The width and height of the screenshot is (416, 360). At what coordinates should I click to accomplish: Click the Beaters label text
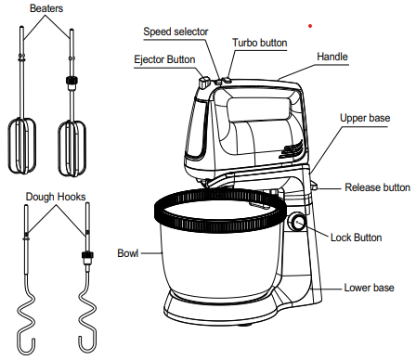click(x=46, y=8)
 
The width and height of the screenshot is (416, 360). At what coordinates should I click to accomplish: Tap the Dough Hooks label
click(x=56, y=197)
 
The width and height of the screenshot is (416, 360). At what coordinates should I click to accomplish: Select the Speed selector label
click(x=175, y=32)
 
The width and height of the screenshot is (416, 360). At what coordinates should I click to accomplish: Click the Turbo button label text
click(x=260, y=43)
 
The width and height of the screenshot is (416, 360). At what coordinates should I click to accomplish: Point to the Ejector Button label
click(x=164, y=59)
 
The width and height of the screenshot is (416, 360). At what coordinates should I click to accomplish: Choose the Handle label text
click(x=332, y=57)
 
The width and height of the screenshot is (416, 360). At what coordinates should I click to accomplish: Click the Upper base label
click(x=365, y=118)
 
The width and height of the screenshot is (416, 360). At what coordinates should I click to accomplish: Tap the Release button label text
click(x=378, y=187)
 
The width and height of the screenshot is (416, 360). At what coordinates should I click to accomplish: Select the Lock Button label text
click(x=357, y=238)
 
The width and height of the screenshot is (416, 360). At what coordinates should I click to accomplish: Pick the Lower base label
click(x=370, y=288)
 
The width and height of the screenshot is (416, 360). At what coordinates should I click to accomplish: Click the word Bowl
click(x=128, y=253)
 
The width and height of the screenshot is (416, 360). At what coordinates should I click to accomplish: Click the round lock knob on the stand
click(x=297, y=222)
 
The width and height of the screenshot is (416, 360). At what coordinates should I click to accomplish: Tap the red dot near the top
click(x=310, y=26)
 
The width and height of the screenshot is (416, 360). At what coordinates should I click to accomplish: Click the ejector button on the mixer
click(x=204, y=83)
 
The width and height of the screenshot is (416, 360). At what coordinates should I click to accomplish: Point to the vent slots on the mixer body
click(x=291, y=149)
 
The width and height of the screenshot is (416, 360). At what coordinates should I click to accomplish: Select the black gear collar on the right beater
click(x=71, y=81)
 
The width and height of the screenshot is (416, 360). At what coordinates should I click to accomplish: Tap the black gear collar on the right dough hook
click(x=87, y=255)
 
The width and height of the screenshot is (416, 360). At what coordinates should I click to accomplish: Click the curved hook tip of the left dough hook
click(x=26, y=344)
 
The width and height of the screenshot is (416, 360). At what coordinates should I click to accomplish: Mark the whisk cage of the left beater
click(x=21, y=146)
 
